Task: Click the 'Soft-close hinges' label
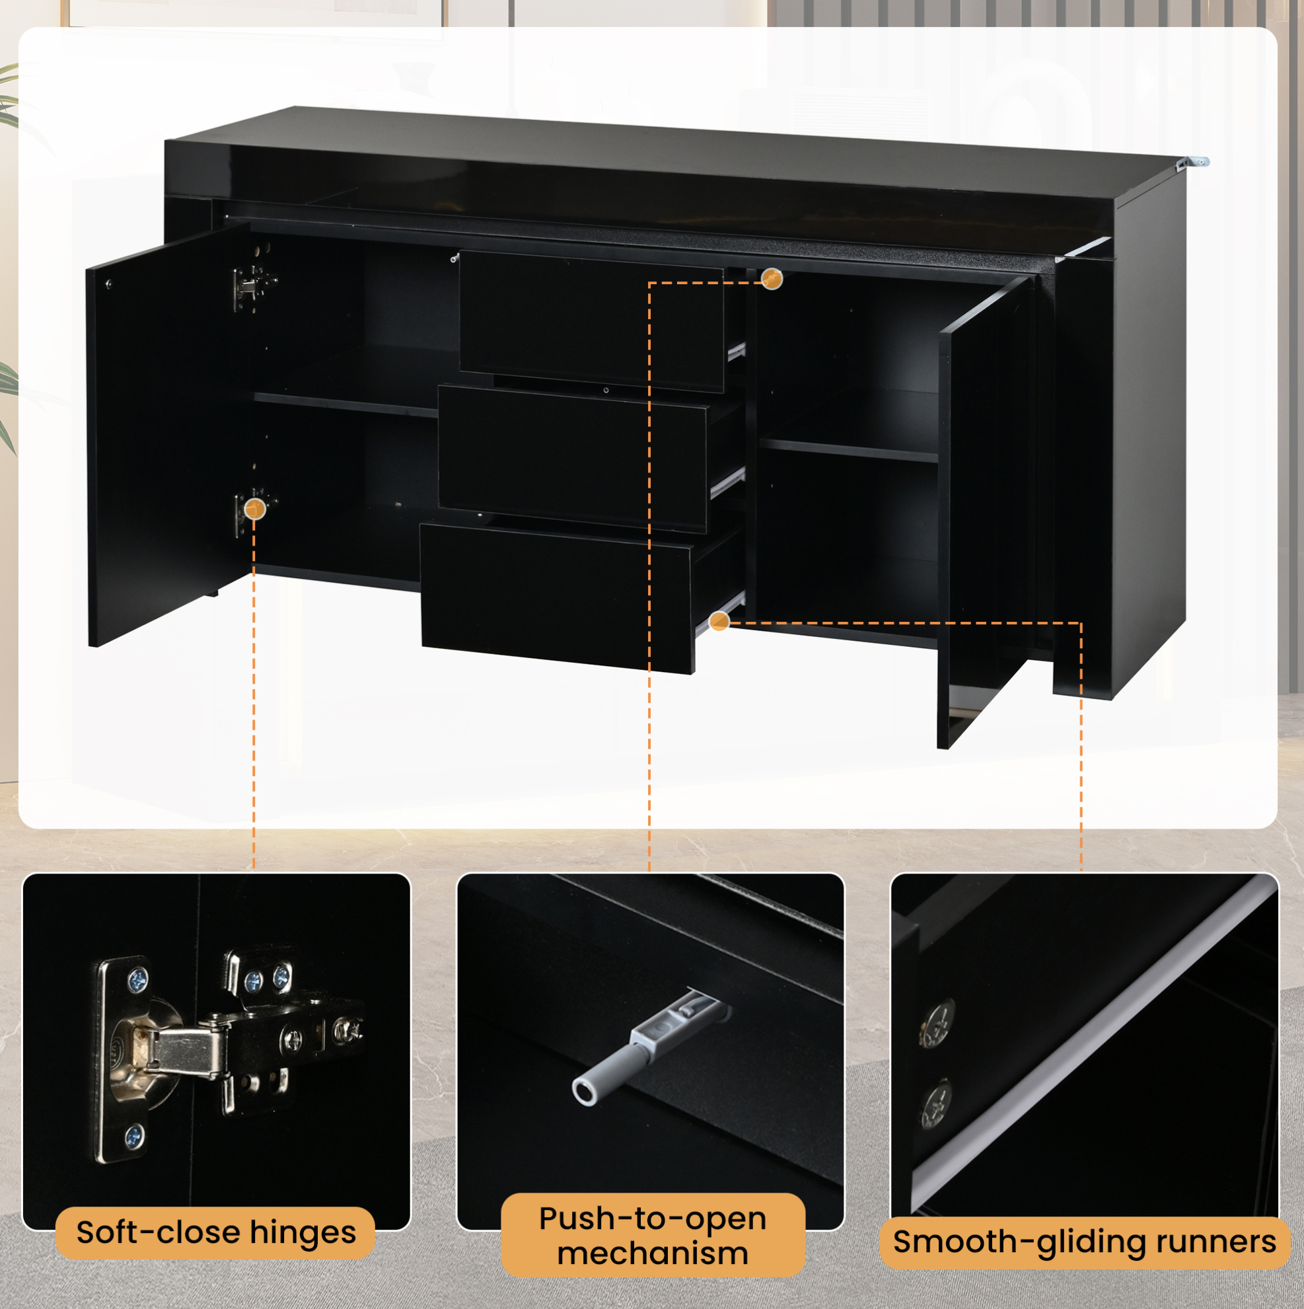(x=215, y=1232)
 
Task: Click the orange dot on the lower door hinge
(x=255, y=508)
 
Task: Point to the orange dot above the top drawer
(x=772, y=278)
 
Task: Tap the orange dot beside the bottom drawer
(x=719, y=620)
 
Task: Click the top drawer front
(x=591, y=321)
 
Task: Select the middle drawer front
(x=573, y=458)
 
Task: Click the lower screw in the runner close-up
(x=937, y=1103)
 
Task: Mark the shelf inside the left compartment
(x=346, y=404)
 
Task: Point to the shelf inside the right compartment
(x=848, y=450)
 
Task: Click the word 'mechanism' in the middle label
(x=653, y=1253)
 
